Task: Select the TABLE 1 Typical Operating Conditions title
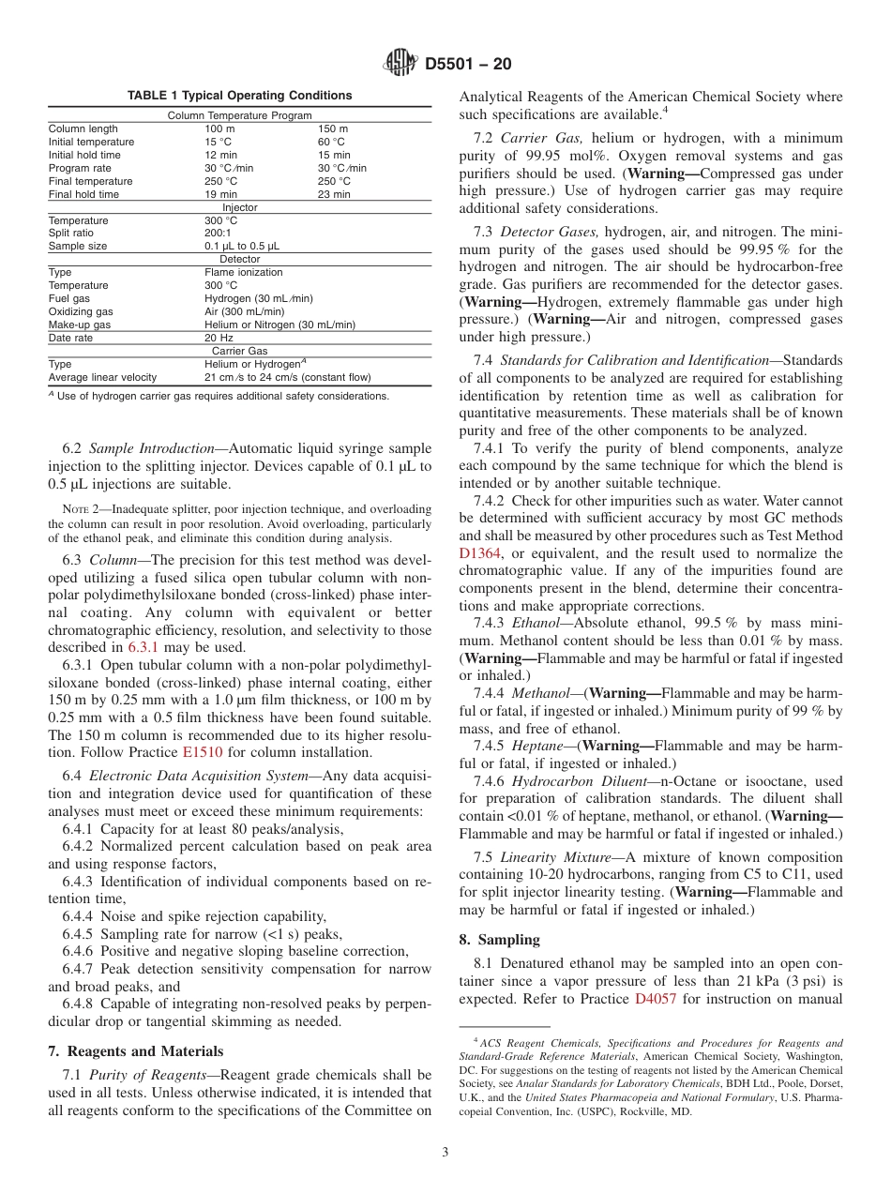239,96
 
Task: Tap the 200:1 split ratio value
219,234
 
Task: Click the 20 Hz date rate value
219,338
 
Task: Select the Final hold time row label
83,194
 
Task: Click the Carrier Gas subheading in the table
239,351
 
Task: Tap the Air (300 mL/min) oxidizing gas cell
244,311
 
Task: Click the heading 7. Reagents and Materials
136,1051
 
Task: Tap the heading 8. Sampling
500,940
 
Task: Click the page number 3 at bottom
445,1152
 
